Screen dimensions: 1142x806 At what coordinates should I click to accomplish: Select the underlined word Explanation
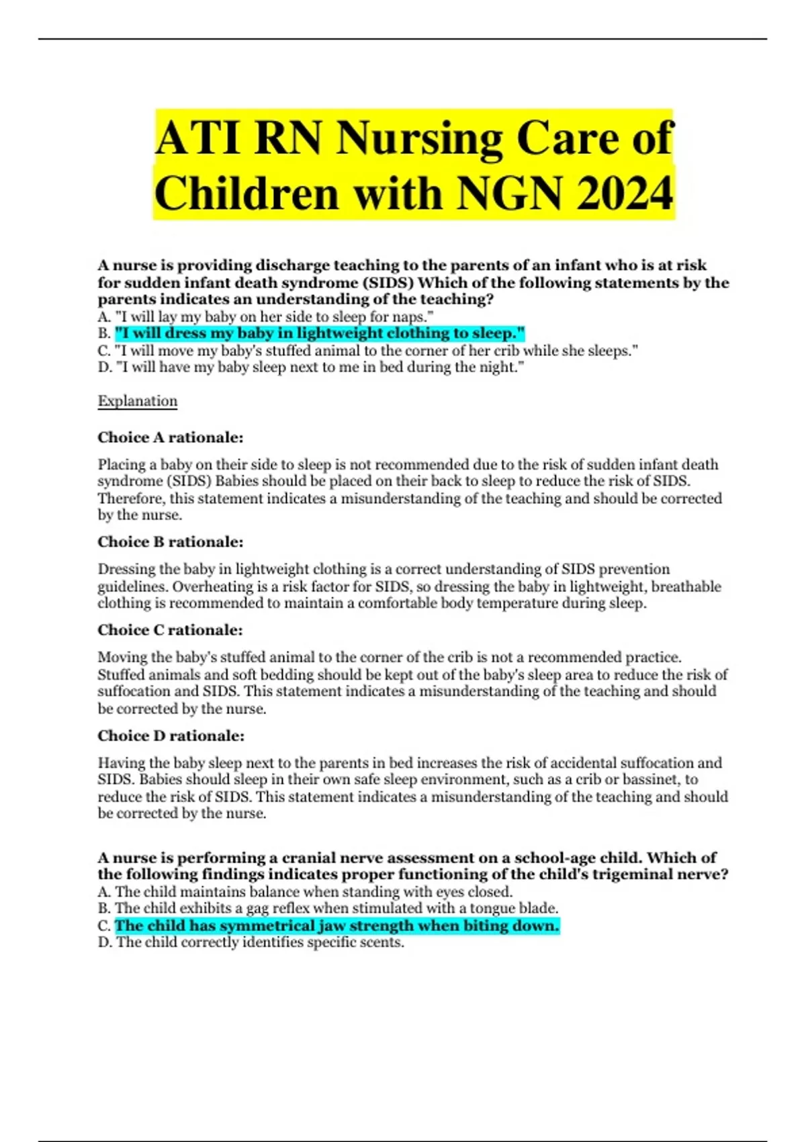click(138, 401)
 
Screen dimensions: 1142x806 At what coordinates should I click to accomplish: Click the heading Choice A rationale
click(171, 437)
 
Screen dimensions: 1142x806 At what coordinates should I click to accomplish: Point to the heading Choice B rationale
click(171, 541)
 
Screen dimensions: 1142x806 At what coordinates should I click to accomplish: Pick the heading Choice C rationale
click(170, 630)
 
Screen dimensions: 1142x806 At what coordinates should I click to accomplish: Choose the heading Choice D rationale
click(171, 736)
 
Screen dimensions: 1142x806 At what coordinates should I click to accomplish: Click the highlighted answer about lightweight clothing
click(320, 333)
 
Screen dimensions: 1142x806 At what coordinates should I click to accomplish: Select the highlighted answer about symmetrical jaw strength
click(337, 926)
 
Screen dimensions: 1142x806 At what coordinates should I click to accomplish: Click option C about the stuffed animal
click(368, 351)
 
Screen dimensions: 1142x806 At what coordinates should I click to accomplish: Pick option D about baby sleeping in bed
click(311, 367)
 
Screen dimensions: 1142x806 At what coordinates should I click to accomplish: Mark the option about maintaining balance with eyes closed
click(306, 892)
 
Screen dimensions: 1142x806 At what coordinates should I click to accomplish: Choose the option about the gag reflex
click(328, 909)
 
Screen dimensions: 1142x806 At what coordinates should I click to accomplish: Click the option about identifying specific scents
click(251, 942)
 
